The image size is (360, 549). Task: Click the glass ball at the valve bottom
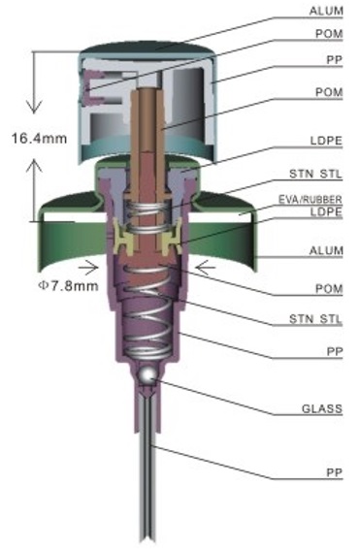(147, 375)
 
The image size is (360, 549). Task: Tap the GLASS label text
(322, 408)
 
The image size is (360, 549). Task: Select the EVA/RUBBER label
(311, 200)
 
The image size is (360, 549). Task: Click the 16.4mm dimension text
(39, 139)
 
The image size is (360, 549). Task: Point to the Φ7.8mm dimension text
(68, 286)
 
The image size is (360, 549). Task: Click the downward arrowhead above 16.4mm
(34, 107)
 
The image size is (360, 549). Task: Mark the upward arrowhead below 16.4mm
(34, 165)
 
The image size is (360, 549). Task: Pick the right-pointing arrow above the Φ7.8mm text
(88, 269)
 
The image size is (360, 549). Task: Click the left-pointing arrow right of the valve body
(205, 269)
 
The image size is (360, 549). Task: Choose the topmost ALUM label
(326, 11)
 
